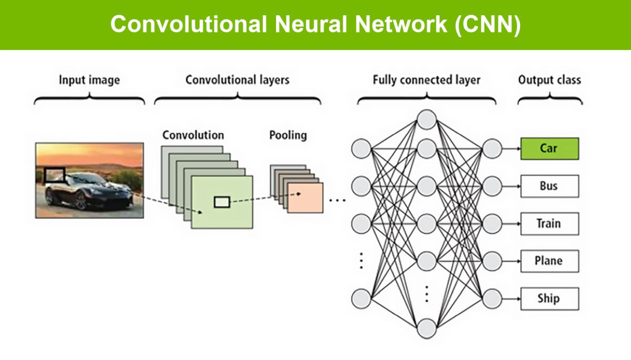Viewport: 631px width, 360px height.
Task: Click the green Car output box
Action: (x=549, y=149)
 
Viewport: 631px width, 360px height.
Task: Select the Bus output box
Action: (x=549, y=186)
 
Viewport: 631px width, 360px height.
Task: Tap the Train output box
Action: (x=549, y=224)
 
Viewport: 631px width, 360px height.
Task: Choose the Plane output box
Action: (x=549, y=261)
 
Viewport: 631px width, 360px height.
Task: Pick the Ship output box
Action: (x=549, y=299)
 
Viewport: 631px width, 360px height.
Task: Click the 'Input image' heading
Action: (x=89, y=80)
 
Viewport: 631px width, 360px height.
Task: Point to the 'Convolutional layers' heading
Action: (x=238, y=80)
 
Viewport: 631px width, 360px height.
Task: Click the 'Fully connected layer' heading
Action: (x=426, y=80)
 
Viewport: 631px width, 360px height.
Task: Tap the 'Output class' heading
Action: (x=549, y=80)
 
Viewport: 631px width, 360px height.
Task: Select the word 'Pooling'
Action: (x=288, y=136)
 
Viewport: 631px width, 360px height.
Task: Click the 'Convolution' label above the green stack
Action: (x=194, y=136)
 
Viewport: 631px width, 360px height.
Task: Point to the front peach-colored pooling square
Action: (x=306, y=198)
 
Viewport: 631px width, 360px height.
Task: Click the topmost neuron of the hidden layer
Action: (x=427, y=120)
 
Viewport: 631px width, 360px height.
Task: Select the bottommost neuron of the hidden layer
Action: (x=427, y=328)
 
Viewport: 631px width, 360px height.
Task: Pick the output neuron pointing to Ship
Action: (x=492, y=299)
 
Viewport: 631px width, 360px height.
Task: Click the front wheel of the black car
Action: (x=81, y=201)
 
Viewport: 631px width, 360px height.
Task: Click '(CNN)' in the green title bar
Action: (x=487, y=25)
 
